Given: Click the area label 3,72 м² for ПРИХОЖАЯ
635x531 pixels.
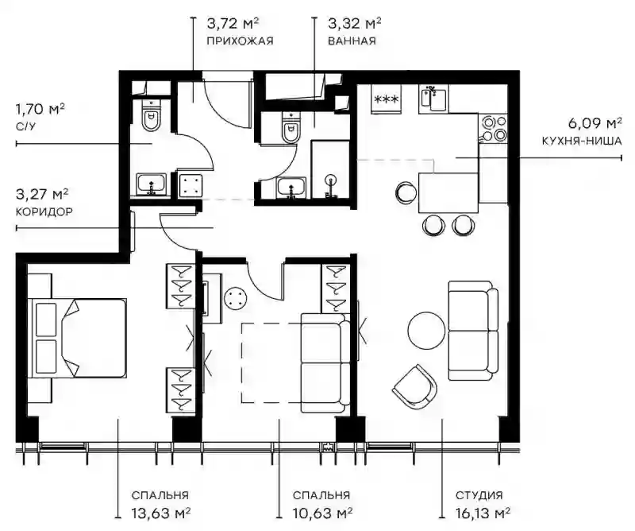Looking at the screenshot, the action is pos(233,24).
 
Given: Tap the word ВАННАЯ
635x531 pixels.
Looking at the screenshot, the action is pos(352,41).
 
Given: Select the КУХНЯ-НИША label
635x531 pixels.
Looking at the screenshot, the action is pos(582,141).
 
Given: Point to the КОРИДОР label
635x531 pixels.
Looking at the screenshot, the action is pos(44,211).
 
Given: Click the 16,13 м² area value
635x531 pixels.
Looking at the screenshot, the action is pos(483,514).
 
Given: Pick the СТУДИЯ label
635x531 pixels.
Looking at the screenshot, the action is pos(479,495).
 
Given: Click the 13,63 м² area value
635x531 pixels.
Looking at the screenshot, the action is pos(161,514).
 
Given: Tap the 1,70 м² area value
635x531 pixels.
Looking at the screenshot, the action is pos(40,110).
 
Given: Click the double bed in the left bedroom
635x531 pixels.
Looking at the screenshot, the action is pos(77,339).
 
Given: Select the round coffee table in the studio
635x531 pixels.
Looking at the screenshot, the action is pos(426,329).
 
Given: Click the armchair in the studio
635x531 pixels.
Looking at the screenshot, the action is pos(414,386).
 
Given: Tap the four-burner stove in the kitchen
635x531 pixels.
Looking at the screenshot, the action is pos(493,129).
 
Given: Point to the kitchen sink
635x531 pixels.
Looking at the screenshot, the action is pos(433,98).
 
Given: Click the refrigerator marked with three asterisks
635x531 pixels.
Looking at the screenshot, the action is pos(387,99).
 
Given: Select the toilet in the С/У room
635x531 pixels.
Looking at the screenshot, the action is pos(152,115).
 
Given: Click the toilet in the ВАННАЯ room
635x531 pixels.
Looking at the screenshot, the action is pos(291,128).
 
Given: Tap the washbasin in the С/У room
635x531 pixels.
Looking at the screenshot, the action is pos(151,184).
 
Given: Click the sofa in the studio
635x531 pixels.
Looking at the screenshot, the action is pos(473,331).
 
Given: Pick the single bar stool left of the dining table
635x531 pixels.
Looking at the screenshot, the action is pos(406,193).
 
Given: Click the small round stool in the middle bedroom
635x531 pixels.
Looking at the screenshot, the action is pos(235,299).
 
